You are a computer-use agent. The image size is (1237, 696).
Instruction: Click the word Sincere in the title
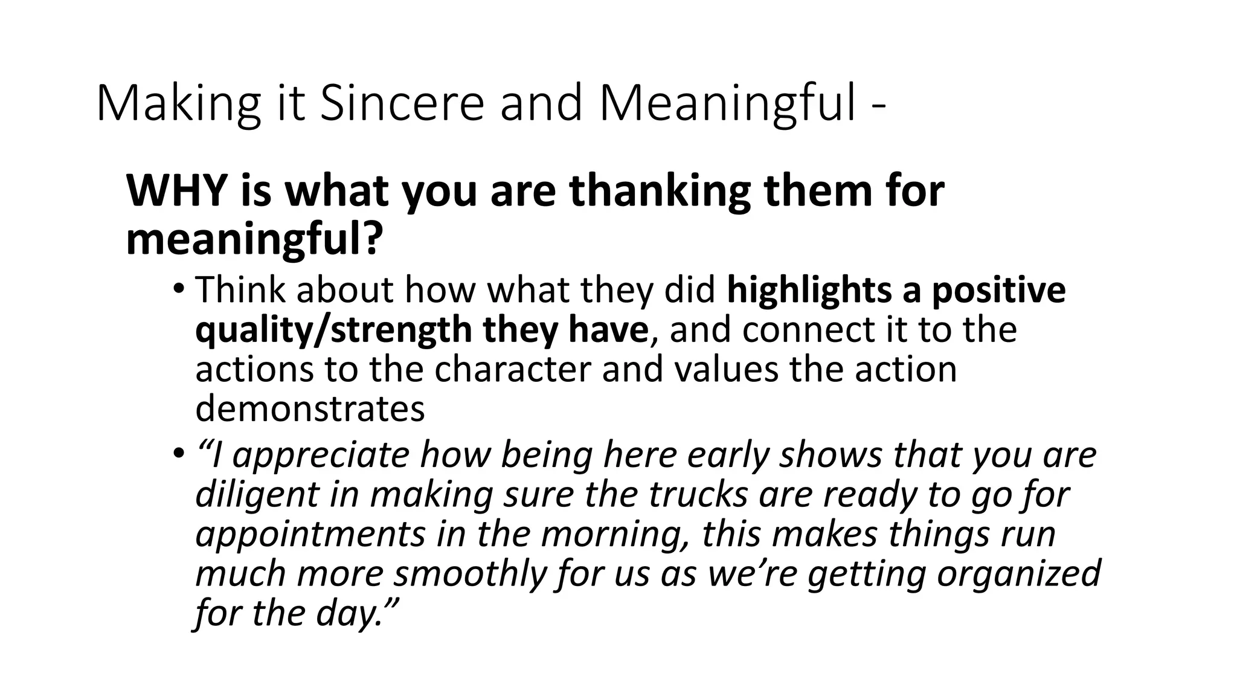[402, 103]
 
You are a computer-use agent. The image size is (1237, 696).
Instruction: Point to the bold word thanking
[659, 191]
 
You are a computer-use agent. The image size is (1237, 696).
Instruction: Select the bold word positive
[998, 291]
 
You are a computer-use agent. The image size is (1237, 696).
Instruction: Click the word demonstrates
[310, 409]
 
